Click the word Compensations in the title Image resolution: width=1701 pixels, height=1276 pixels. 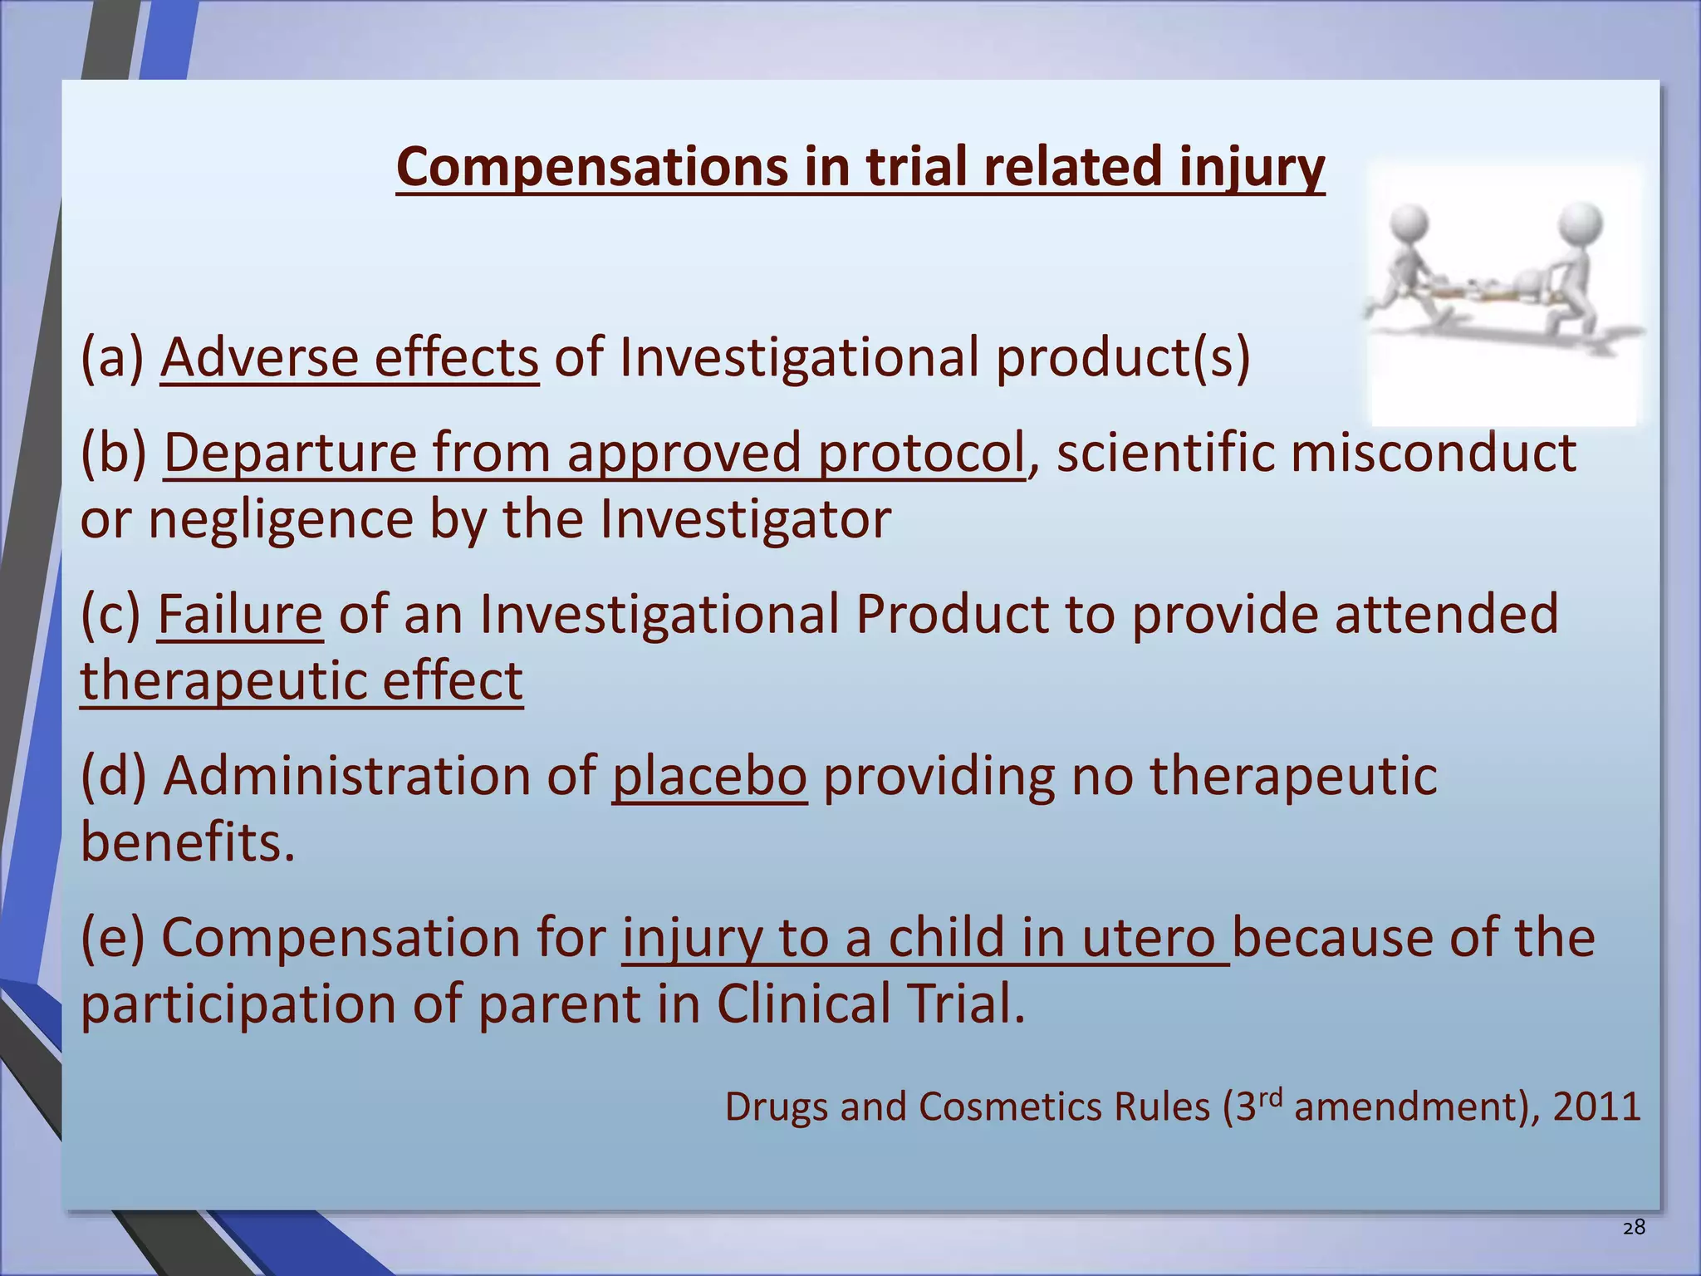pos(591,168)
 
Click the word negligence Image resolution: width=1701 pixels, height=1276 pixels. pos(281,520)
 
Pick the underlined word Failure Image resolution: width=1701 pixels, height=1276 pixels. pos(240,615)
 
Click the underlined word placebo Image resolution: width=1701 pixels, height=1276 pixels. pos(709,776)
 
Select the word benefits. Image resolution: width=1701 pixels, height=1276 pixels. pos(188,842)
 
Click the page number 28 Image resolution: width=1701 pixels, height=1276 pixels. pos(1634,1228)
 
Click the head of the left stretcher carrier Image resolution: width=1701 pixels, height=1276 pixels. pos(1409,220)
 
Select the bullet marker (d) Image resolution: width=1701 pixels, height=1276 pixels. pos(114,776)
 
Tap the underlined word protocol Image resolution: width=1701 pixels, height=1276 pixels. pos(921,454)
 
